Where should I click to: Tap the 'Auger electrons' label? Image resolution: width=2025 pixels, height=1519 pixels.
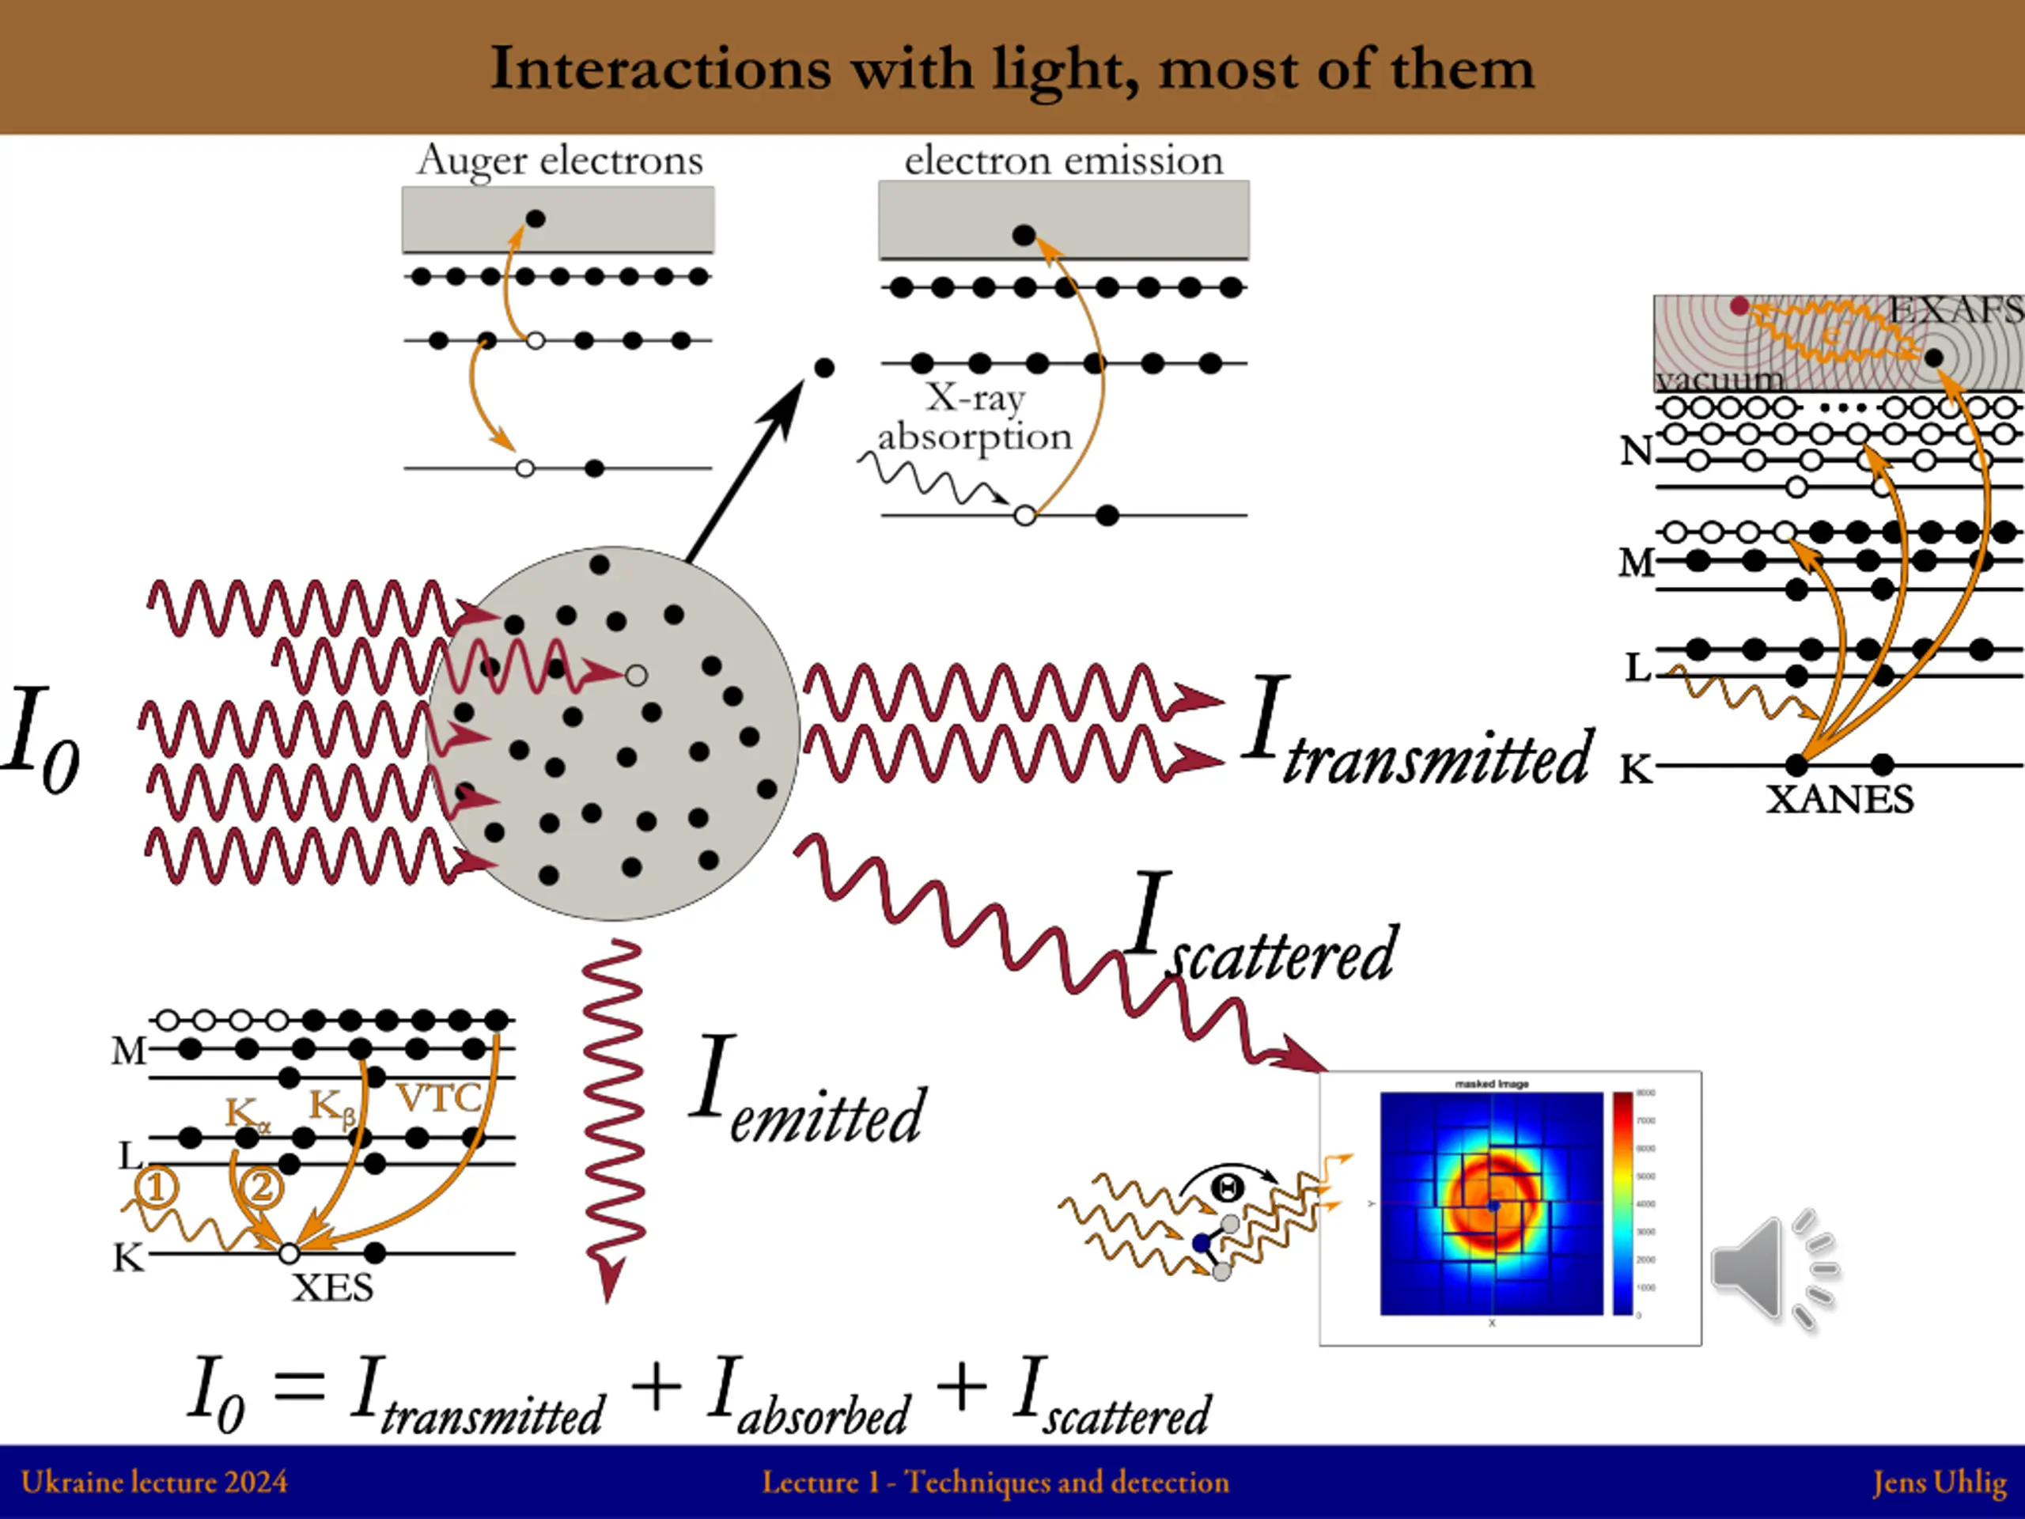pyautogui.click(x=560, y=161)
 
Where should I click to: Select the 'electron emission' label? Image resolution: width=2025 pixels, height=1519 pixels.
pyautogui.click(x=1063, y=161)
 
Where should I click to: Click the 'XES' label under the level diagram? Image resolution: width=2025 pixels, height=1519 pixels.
pyautogui.click(x=332, y=1288)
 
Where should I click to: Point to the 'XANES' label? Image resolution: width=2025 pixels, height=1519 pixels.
pyautogui.click(x=1839, y=799)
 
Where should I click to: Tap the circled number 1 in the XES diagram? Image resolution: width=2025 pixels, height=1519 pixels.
pyautogui.click(x=157, y=1188)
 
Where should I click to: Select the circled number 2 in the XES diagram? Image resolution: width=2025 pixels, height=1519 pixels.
pyautogui.click(x=262, y=1188)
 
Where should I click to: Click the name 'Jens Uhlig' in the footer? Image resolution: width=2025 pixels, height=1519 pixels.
pyautogui.click(x=1939, y=1482)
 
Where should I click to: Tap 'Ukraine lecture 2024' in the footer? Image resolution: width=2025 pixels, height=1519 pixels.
pyautogui.click(x=153, y=1482)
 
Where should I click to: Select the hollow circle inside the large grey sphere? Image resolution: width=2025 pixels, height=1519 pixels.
pyautogui.click(x=636, y=676)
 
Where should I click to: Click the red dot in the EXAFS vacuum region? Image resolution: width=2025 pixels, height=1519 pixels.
pyautogui.click(x=1739, y=306)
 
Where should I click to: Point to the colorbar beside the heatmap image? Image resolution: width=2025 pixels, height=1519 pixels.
pyautogui.click(x=1622, y=1203)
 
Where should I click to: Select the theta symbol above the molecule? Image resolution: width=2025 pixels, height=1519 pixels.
pyautogui.click(x=1227, y=1188)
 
